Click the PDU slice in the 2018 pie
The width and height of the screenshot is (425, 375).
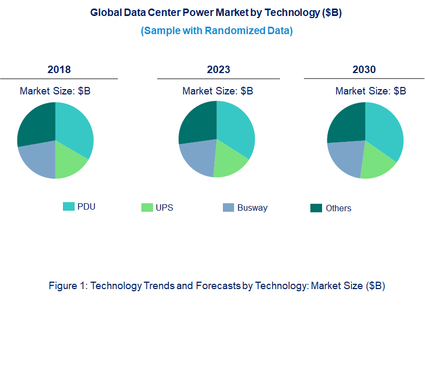pos(74,129)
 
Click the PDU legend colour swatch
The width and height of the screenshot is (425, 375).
pos(69,206)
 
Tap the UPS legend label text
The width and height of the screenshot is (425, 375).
pos(164,208)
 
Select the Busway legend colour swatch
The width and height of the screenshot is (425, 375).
pos(228,208)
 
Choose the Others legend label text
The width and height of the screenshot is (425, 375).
pos(338,208)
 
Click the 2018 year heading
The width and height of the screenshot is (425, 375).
pos(59,69)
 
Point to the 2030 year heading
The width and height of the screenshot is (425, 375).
pos(364,69)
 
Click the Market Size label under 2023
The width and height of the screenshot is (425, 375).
pos(218,91)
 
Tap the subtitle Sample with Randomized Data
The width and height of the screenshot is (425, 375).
pos(216,31)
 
